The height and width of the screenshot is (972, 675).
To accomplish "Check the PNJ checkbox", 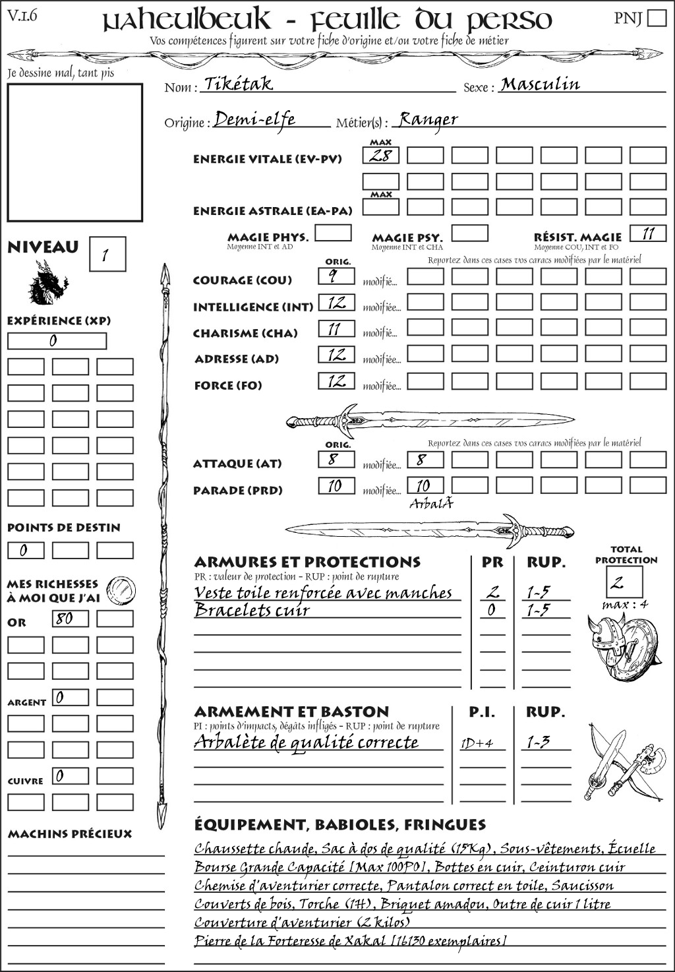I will (657, 18).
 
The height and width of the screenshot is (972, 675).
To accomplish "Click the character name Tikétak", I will (239, 84).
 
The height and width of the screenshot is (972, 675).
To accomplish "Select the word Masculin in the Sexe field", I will (540, 84).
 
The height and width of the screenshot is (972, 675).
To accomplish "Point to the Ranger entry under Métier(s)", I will (428, 119).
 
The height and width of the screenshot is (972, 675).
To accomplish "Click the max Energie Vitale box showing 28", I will (380, 156).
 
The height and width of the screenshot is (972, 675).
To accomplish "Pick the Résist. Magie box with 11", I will (648, 233).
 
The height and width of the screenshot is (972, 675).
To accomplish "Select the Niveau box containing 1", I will (107, 255).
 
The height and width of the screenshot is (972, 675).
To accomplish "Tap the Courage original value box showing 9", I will (336, 276).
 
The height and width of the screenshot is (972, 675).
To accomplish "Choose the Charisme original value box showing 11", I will (336, 328).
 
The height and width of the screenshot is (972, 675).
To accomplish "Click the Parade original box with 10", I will (336, 486).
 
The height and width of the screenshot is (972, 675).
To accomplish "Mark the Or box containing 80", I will (70, 619).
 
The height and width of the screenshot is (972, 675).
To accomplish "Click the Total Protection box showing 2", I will (624, 582).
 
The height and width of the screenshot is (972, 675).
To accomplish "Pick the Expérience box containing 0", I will (57, 341).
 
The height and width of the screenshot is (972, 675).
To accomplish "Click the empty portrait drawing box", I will (74, 152).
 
